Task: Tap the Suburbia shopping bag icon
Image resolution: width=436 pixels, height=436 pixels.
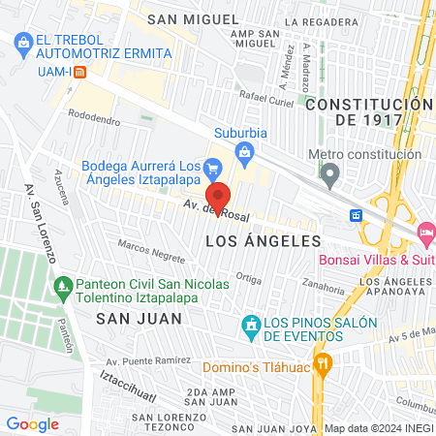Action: (x=245, y=151)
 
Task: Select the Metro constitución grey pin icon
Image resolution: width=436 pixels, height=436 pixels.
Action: (x=331, y=175)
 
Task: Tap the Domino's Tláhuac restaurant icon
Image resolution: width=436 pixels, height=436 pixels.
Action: (x=325, y=365)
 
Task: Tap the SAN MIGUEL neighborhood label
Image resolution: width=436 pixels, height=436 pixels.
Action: (x=205, y=18)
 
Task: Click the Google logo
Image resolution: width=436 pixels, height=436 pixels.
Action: (x=32, y=423)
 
